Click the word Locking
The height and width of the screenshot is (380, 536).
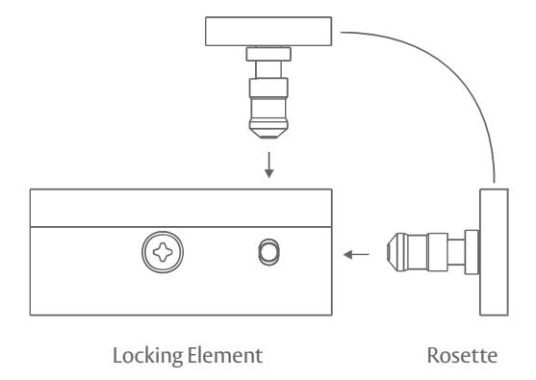pos(148,356)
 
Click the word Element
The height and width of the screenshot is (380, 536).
pos(225,355)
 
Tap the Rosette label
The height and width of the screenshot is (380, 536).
pos(462,355)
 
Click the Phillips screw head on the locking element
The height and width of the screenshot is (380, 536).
pos(163,252)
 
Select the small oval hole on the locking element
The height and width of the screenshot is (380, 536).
pos(269,252)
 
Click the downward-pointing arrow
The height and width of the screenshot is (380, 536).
pos(269,165)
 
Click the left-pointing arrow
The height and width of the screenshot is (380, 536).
pos(356,255)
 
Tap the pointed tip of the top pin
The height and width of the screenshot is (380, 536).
pos(268,137)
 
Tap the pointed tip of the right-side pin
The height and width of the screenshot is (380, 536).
pos(388,252)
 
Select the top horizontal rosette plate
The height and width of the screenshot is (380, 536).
pos(268,31)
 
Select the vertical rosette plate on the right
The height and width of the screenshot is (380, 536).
pos(494,252)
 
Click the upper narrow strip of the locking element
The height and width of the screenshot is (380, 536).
pos(181,208)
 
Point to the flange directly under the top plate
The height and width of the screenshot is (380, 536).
pos(268,54)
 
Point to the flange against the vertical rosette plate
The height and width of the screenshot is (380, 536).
pos(472,252)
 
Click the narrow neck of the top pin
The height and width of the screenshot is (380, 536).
pos(268,69)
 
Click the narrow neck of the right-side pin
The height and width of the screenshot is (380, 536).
pos(456,252)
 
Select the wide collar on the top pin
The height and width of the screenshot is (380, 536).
pos(268,88)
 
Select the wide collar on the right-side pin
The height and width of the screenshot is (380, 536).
pos(438,252)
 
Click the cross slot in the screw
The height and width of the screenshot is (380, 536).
pos(163,252)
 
